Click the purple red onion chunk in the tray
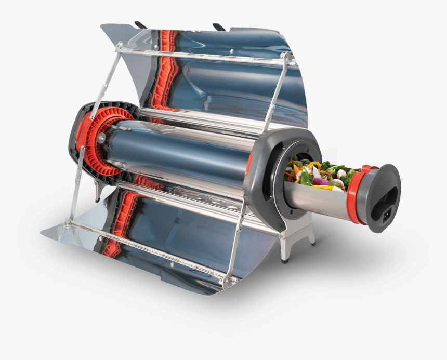click(x=321, y=181)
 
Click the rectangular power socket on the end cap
click(x=388, y=213)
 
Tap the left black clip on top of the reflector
click(x=140, y=24)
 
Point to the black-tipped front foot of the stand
click(x=285, y=258)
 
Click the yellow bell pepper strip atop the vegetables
click(x=314, y=165)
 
